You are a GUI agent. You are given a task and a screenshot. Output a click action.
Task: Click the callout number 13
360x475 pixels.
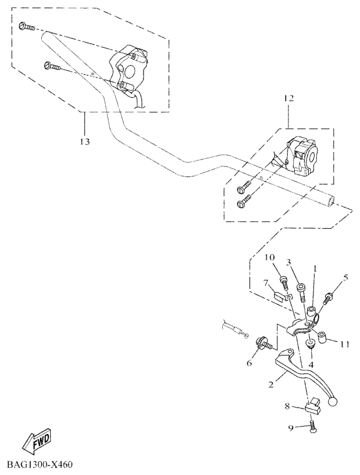85,141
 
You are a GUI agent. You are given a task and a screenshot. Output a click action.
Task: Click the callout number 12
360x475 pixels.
289,98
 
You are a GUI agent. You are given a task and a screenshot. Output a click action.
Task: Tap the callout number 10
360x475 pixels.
270,258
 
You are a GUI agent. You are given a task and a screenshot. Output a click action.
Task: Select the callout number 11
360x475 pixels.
344,345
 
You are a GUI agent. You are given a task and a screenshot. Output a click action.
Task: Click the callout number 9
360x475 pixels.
291,428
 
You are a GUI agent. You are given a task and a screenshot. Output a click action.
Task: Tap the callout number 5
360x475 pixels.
345,278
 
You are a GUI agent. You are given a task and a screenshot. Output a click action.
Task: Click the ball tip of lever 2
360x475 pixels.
333,402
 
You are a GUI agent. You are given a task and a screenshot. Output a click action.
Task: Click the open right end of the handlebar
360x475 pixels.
332,202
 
